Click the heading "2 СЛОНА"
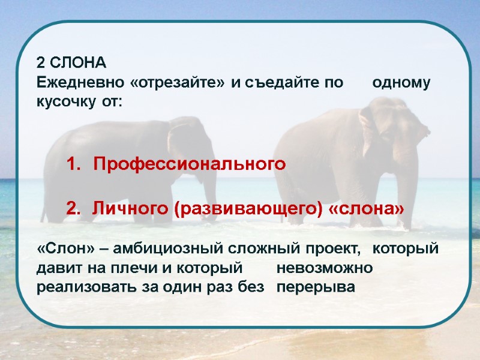tap(71, 63)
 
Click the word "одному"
tap(401, 83)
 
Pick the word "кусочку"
tap(64, 101)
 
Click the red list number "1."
tap(73, 164)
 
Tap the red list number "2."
tap(73, 208)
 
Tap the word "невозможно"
tap(325, 268)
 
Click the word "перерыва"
tap(316, 287)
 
